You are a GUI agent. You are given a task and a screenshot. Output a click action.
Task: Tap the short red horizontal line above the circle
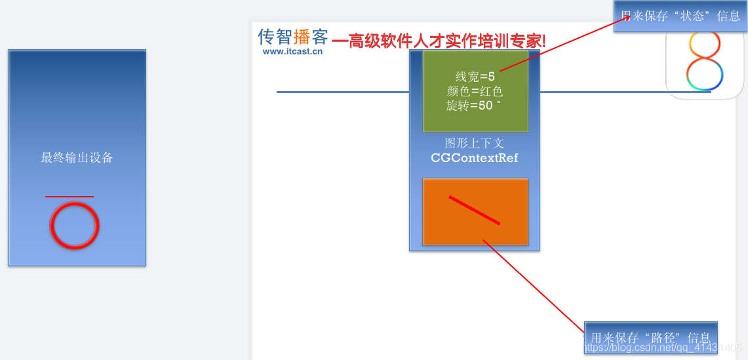click(69, 196)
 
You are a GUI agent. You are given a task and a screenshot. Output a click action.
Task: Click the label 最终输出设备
click(77, 157)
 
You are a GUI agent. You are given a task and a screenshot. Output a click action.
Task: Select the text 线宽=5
click(475, 77)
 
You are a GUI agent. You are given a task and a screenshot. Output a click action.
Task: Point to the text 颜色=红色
click(475, 91)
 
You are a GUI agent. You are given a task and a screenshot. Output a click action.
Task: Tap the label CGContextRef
click(474, 158)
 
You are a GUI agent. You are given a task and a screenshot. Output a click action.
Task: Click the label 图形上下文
click(474, 143)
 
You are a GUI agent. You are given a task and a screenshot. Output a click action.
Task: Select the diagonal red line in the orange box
click(474, 210)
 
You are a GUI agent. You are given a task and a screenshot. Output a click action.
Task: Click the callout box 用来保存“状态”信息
click(680, 16)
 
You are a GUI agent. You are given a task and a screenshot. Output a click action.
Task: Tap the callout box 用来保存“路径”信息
click(651, 338)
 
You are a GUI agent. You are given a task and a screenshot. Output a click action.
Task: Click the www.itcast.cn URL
click(292, 51)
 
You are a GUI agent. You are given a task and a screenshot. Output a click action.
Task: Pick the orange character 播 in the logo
click(302, 36)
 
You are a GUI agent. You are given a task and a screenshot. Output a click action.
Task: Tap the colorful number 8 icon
click(704, 60)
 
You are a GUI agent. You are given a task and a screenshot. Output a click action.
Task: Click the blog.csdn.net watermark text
click(663, 348)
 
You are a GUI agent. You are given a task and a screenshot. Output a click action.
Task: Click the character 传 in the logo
click(267, 36)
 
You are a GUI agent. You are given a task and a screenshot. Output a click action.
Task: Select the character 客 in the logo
click(320, 36)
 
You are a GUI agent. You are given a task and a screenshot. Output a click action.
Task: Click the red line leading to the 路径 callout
click(534, 287)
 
